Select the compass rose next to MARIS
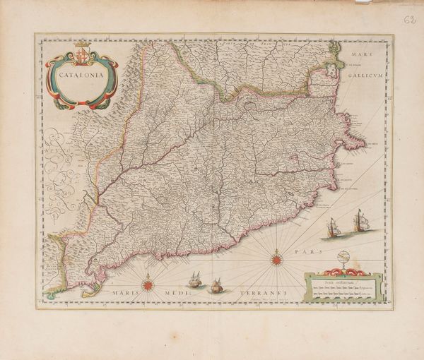click(x=148, y=284)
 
